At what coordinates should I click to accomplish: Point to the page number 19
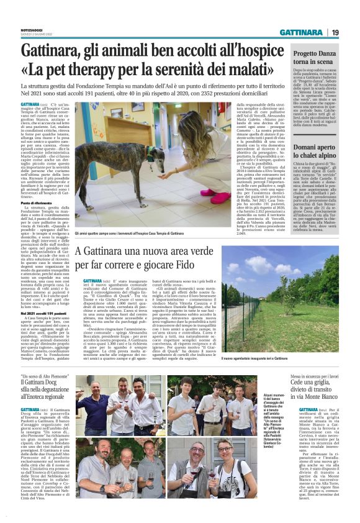pyautogui.click(x=335, y=32)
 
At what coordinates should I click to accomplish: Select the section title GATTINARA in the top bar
pyautogui.click(x=300, y=32)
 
